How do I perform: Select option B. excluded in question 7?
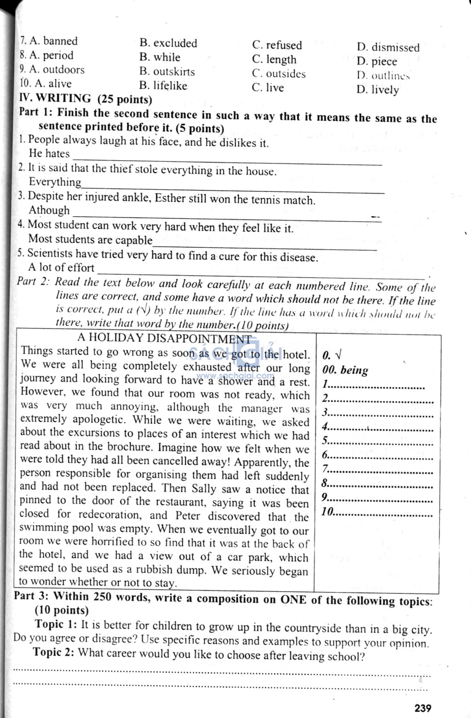tap(168, 43)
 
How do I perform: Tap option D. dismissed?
tap(388, 47)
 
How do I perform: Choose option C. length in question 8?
tap(274, 60)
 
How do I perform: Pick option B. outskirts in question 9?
tap(167, 72)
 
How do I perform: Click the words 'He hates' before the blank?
tap(49, 154)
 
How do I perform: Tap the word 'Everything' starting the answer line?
tap(55, 182)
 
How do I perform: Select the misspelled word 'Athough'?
tap(49, 211)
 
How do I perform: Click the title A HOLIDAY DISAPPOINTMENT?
tap(165, 339)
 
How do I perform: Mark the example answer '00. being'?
tap(345, 370)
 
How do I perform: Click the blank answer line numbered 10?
tap(382, 512)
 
